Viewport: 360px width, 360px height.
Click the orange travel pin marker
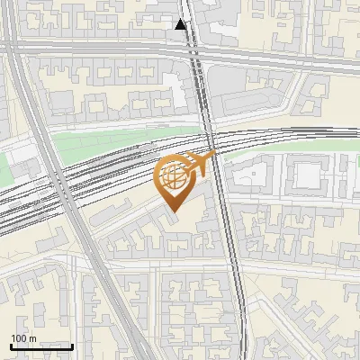click(x=174, y=180)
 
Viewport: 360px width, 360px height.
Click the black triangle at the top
click(x=182, y=24)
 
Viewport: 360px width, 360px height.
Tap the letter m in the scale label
click(x=33, y=338)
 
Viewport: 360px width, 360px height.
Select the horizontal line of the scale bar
click(x=41, y=346)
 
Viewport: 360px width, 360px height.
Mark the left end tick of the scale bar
click(x=10, y=345)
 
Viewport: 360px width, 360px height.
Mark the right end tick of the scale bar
click(x=73, y=345)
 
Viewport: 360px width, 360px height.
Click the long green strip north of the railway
click(x=126, y=141)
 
